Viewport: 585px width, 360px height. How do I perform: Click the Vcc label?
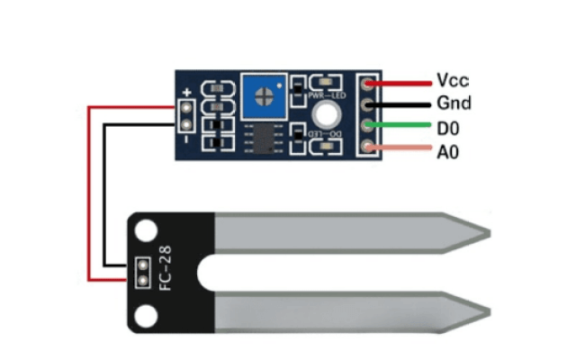click(x=452, y=80)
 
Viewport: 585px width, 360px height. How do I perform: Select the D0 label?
click(x=448, y=129)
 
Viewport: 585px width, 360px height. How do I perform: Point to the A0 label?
click(x=448, y=152)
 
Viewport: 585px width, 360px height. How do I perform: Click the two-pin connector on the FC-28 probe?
click(x=141, y=271)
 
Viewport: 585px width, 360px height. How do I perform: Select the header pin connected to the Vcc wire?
click(x=366, y=84)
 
